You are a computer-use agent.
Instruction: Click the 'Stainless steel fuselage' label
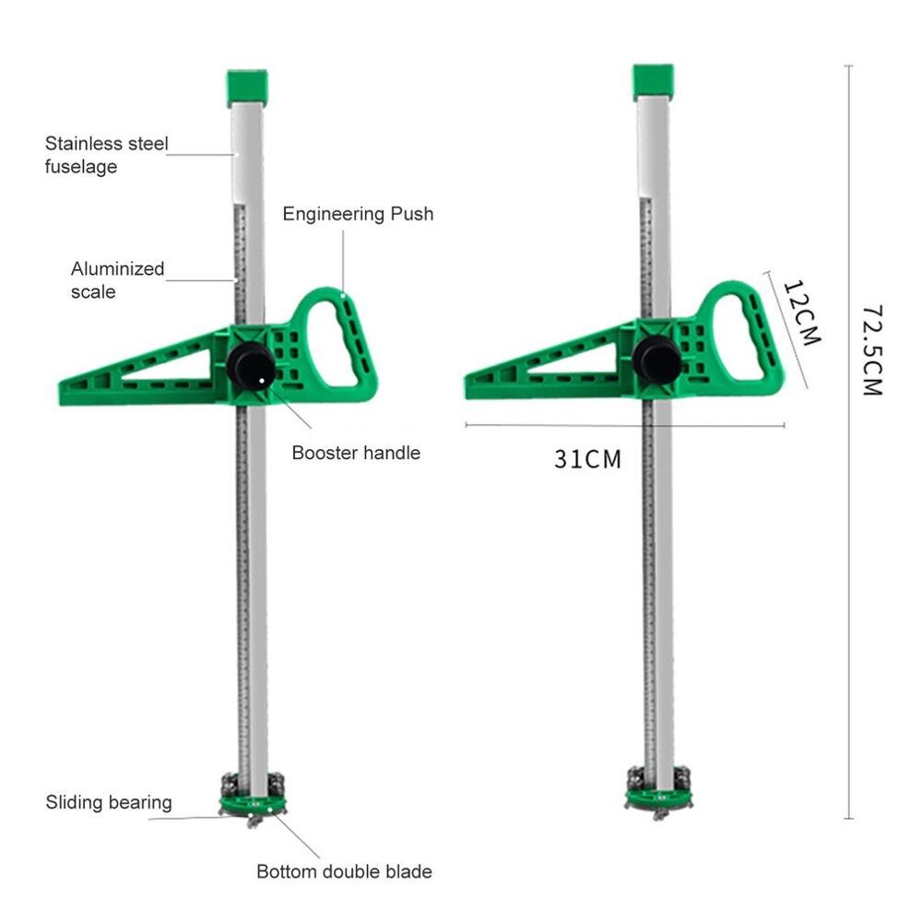click(x=107, y=155)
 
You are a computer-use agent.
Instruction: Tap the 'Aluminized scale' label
click(x=117, y=280)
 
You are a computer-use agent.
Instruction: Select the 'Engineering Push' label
click(x=358, y=214)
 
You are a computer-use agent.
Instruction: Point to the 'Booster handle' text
click(x=356, y=453)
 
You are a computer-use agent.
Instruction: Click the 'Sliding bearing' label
click(x=109, y=802)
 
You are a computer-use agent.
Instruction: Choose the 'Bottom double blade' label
click(x=344, y=871)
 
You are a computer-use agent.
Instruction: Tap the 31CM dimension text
click(x=587, y=458)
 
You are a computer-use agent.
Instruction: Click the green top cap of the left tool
click(x=247, y=87)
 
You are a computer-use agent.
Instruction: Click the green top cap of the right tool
click(x=653, y=82)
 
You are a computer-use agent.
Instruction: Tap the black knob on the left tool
click(x=251, y=365)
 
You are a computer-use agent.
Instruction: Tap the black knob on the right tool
click(x=656, y=359)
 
